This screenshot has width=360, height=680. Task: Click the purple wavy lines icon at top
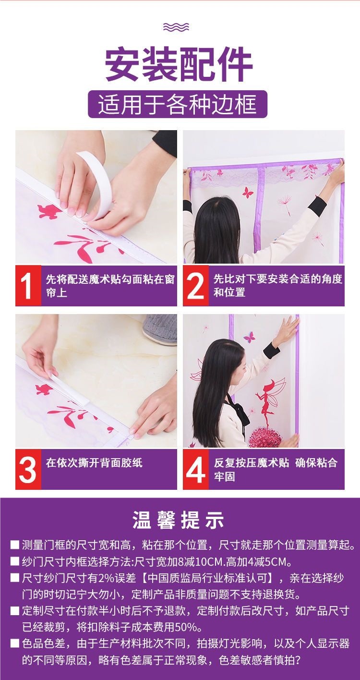point(176,27)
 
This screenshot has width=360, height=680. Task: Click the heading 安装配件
point(179,63)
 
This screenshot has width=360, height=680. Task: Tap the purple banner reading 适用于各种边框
point(178,104)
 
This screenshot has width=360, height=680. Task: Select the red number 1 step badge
point(28,286)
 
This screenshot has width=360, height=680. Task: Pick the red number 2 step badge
point(196,286)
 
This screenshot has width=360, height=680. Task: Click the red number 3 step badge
point(28,469)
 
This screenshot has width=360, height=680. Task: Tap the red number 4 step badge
point(196,469)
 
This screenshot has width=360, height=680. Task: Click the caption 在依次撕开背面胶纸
point(94,462)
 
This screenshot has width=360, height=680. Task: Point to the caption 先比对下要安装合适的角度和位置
point(278,285)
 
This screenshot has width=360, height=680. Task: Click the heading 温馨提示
point(179,520)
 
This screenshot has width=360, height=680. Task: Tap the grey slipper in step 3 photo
point(160,329)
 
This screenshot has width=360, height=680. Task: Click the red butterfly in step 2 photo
point(248,193)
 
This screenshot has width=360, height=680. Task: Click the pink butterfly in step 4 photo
point(250,337)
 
